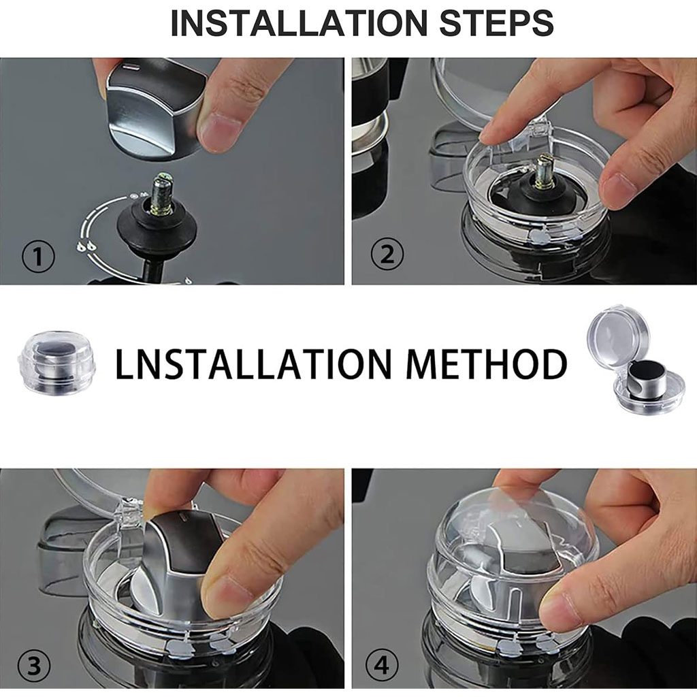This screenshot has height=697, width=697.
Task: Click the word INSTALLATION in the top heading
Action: click(x=299, y=23)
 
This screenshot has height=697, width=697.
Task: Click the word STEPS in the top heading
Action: click(x=496, y=23)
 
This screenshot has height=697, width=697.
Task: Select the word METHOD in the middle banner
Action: click(x=486, y=364)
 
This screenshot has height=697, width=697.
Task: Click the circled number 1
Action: click(x=38, y=257)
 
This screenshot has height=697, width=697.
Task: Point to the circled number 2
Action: click(x=387, y=255)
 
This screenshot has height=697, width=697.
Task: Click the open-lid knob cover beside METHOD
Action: click(x=637, y=361)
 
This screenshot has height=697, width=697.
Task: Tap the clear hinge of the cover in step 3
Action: click(x=129, y=511)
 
